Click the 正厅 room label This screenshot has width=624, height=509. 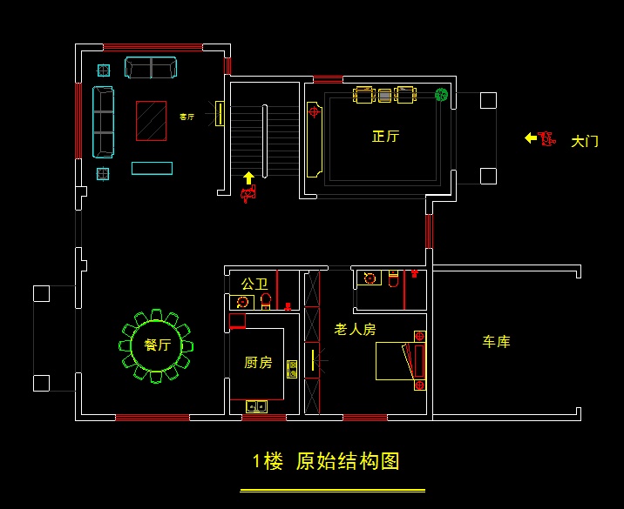pos(385,137)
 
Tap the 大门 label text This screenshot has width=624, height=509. pos(584,141)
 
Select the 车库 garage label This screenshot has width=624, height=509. pos(497,342)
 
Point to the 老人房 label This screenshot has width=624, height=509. pos(355,329)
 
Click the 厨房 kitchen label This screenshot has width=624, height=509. pos(257,362)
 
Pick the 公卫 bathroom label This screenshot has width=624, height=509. pos(254,284)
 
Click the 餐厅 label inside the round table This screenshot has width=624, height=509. pos(157,345)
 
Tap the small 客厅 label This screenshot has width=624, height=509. pos(187,117)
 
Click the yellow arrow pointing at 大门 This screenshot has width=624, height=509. pos(530,137)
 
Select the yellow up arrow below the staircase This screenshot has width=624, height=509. pos(248,178)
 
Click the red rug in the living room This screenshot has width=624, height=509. pos(151,120)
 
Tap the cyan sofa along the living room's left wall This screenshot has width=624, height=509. pos(103,122)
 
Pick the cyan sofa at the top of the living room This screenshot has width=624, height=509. pos(151,68)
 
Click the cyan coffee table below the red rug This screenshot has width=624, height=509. pos(152,168)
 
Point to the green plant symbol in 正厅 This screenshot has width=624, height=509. pos(442,95)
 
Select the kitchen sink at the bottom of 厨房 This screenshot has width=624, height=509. pos(256,405)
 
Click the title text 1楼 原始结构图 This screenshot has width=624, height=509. pos(326,462)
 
